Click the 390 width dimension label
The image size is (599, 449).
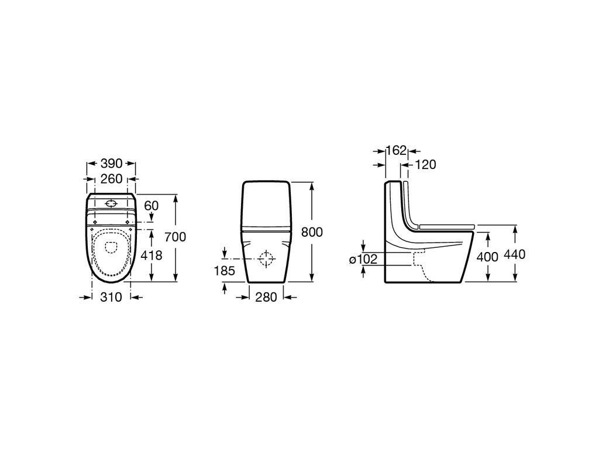(x=111, y=164)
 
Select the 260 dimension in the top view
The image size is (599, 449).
(x=111, y=179)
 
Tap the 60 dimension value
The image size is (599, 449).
(x=152, y=206)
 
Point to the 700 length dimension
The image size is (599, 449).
(x=175, y=237)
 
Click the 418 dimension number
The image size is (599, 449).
(x=152, y=255)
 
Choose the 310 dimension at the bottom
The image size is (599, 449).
(x=111, y=296)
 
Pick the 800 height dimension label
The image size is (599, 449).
(x=312, y=232)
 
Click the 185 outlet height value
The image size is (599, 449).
(x=224, y=271)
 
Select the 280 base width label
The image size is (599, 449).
(x=266, y=296)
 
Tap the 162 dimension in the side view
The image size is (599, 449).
(x=396, y=150)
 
